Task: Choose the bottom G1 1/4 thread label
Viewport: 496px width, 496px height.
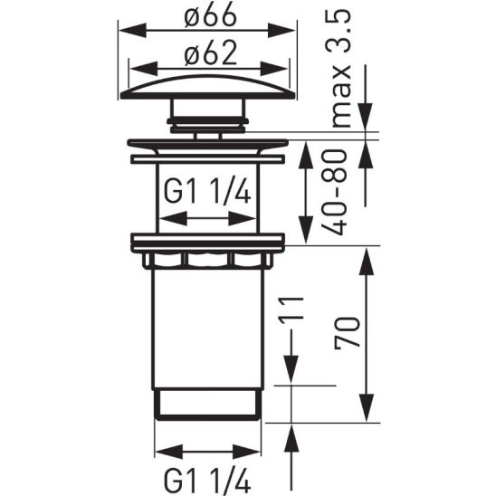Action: [x=207, y=473]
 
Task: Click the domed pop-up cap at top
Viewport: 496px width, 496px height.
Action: [x=208, y=87]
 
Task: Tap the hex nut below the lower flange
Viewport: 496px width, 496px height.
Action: [x=208, y=260]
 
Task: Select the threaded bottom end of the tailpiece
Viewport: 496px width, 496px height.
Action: [x=208, y=403]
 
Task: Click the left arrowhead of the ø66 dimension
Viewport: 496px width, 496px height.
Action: [x=128, y=31]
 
